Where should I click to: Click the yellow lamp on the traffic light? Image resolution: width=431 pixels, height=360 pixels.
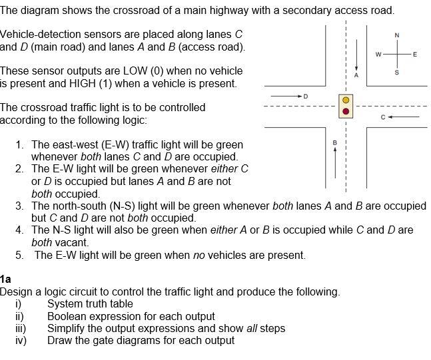tap(346, 100)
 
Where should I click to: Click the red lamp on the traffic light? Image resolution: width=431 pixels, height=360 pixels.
tap(346, 112)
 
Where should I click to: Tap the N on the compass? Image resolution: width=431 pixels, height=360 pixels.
tap(397, 35)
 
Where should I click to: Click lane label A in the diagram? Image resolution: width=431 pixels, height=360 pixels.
tap(356, 75)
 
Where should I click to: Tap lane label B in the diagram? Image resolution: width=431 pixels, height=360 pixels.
tap(335, 141)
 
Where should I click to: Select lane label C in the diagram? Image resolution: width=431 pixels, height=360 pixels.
tap(382, 118)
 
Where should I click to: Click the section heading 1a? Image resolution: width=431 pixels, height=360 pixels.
tap(6, 279)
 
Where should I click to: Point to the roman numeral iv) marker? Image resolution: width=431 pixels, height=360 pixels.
tap(20, 340)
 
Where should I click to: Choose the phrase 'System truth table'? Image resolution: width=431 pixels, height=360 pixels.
tap(90, 303)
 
